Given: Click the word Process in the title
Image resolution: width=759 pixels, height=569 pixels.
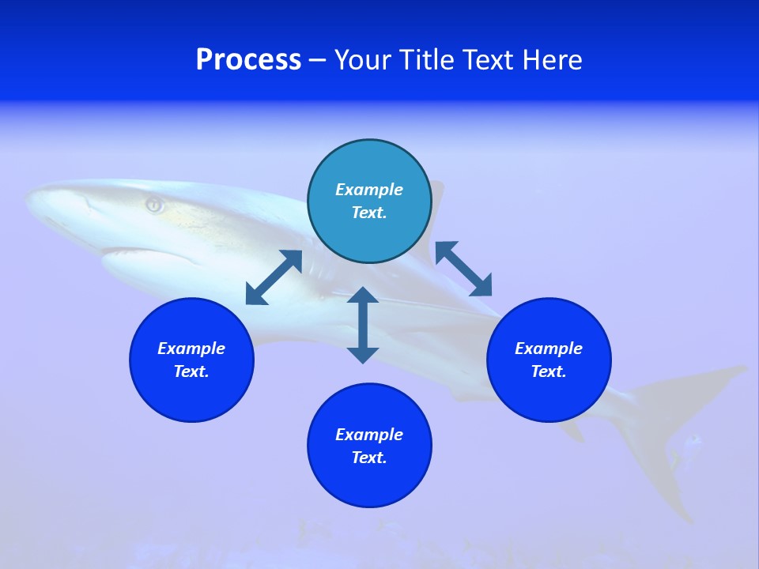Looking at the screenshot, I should pyautogui.click(x=248, y=60).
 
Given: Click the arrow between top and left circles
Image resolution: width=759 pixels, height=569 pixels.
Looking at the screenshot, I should pyautogui.click(x=274, y=277).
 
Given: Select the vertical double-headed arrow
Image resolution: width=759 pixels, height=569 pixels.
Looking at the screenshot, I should pyautogui.click(x=363, y=325).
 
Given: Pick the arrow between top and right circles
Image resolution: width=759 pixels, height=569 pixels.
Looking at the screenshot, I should pyautogui.click(x=463, y=269).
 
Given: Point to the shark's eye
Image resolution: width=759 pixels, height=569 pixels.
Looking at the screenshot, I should pyautogui.click(x=154, y=205).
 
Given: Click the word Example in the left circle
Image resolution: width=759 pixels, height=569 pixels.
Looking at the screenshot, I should pyautogui.click(x=191, y=349).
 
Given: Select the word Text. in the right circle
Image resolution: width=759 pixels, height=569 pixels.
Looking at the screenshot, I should pyautogui.click(x=549, y=371).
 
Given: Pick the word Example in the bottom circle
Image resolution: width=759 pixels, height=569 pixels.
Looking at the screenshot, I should pyautogui.click(x=369, y=435).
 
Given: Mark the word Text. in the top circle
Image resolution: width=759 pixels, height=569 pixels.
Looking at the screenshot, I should pyautogui.click(x=369, y=213).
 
